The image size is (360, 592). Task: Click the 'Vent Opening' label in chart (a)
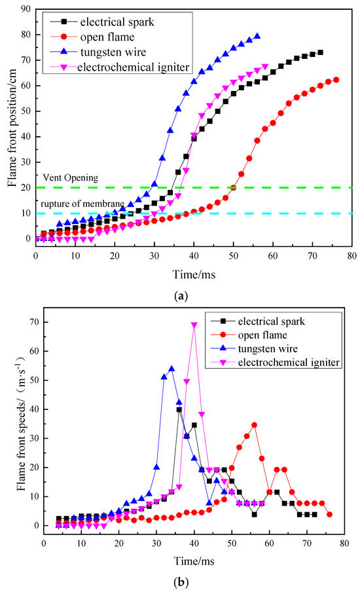pyautogui.click(x=71, y=177)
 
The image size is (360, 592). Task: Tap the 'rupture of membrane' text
pyautogui.click(x=82, y=204)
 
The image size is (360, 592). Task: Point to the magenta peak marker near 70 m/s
pyautogui.click(x=194, y=325)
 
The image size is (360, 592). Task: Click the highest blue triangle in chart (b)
pyautogui.click(x=171, y=369)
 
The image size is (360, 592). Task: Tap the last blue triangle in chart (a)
pyautogui.click(x=257, y=36)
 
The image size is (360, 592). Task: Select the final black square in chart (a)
pyautogui.click(x=320, y=52)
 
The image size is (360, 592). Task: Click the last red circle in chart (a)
pyautogui.click(x=336, y=80)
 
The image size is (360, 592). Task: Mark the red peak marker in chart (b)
pyautogui.click(x=255, y=425)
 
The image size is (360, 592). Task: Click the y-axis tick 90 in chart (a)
pyautogui.click(x=26, y=9)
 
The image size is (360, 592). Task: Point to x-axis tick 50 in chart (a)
pyautogui.click(x=233, y=256)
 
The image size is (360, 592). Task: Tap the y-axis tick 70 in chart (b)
pyautogui.click(x=33, y=322)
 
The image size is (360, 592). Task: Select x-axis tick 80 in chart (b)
pyautogui.click(x=344, y=544)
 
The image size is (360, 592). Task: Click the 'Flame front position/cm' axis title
pyautogui.click(x=12, y=128)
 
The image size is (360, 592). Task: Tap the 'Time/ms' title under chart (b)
pyautogui.click(x=194, y=561)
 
